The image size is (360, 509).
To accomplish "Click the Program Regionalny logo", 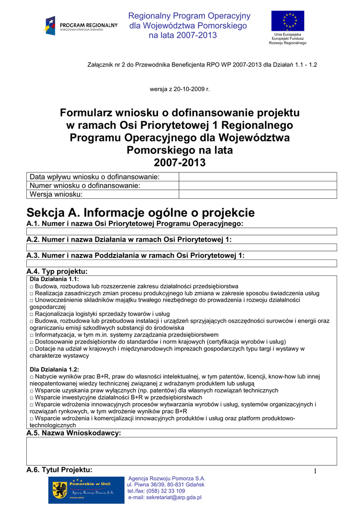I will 81,25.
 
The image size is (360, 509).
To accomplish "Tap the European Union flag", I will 287,21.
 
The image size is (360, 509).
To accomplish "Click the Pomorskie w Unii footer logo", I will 86,489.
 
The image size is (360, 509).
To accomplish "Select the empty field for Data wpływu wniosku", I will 257,177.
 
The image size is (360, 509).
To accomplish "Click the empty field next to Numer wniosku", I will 257,185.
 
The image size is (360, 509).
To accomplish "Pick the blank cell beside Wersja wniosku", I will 257,194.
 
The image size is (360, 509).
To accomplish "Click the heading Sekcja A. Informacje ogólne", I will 140,213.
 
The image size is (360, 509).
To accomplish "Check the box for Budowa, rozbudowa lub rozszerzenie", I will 32,287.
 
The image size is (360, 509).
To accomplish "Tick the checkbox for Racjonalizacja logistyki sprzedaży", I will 32,315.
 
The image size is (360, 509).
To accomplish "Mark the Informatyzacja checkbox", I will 32,335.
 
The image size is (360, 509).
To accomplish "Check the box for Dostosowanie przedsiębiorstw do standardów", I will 32,342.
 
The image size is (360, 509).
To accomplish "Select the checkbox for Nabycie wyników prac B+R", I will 32,377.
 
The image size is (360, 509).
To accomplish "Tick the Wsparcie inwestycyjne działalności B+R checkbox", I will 32,398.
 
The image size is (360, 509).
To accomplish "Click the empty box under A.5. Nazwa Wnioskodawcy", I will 181,451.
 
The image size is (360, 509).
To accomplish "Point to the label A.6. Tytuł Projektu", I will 59,470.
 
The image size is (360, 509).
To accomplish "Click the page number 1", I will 315,471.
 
